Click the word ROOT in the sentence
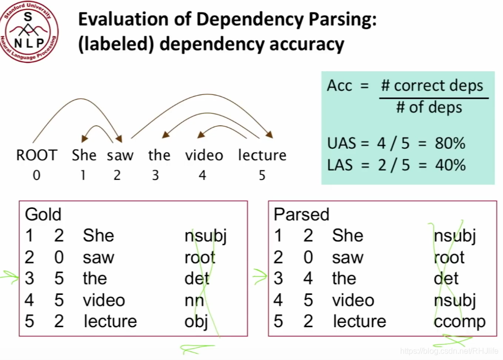[36, 155]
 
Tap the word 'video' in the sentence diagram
[204, 155]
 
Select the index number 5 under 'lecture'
[262, 175]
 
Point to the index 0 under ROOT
[36, 175]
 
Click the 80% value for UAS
[449, 144]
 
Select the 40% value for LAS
[449, 165]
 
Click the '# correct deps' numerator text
[432, 86]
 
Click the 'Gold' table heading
[43, 214]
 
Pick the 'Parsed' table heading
[301, 214]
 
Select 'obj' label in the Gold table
[196, 321]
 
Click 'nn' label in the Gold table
[194, 300]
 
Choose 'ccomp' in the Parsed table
[459, 321]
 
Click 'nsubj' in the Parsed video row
[455, 300]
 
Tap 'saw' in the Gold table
[98, 258]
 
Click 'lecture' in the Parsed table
[359, 321]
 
